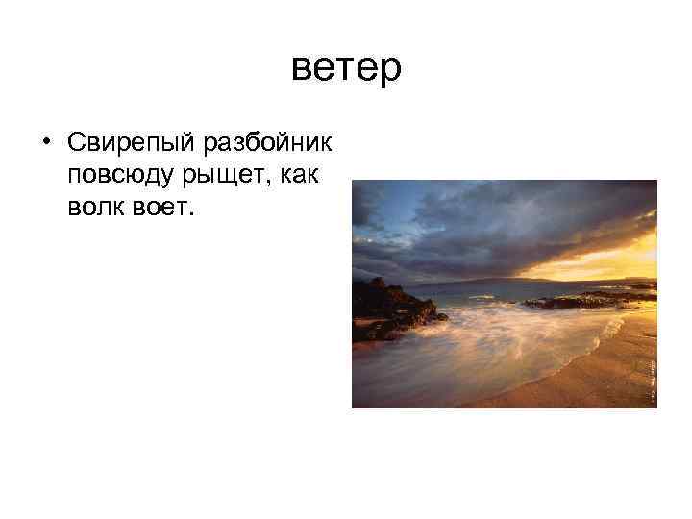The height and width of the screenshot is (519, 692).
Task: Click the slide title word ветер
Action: pos(346,68)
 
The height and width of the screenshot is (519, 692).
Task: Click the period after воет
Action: pos(191,214)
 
